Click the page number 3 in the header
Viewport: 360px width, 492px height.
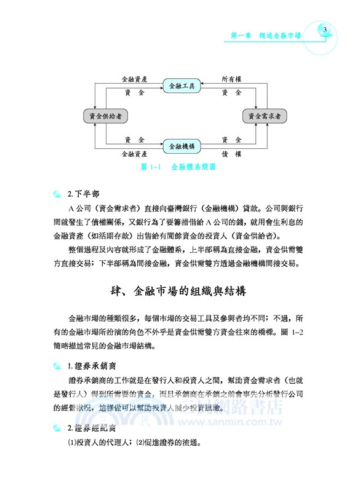327,29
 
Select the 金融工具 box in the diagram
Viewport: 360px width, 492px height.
182,85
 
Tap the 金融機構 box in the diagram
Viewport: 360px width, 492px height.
182,146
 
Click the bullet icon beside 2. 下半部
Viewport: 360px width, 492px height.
57,195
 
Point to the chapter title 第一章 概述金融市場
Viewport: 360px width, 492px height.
270,36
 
